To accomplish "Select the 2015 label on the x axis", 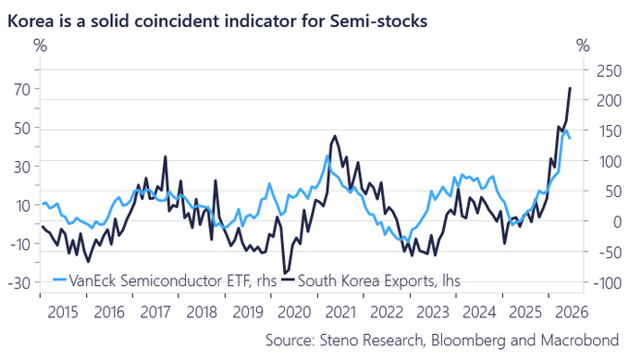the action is (63, 312).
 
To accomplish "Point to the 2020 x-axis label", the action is (294, 312).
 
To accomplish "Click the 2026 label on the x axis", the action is (572, 312).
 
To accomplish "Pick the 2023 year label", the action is (433, 312).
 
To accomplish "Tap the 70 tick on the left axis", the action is (22, 89).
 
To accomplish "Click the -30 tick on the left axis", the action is (19, 283).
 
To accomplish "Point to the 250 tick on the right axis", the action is (609, 71).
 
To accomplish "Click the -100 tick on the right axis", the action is (608, 283).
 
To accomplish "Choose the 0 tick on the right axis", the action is (617, 221).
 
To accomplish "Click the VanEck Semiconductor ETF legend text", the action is (173, 280).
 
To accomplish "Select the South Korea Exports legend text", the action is (379, 280).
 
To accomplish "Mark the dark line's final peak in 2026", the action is (570, 88).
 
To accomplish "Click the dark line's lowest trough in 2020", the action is (285, 273).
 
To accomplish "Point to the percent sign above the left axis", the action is (40, 45).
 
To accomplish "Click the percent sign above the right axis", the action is (584, 45).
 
